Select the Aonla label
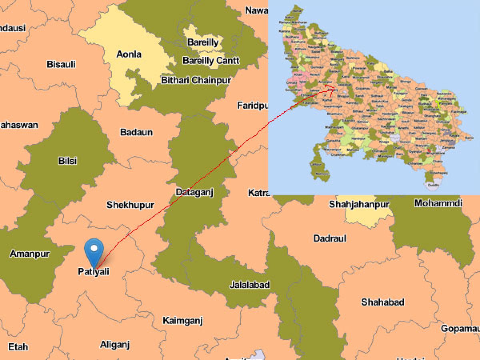pos(129,54)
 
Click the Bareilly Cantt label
pos(211,60)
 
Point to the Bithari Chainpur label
pos(196,80)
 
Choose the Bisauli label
pos(61,64)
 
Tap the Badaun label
pos(136,132)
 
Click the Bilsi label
pos(68,161)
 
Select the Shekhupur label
pos(130,205)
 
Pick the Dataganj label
pos(195,192)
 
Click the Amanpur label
pos(30,254)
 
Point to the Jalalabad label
pos(250,285)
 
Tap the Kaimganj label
pos(183,320)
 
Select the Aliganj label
pos(115,344)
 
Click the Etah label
pos(18,346)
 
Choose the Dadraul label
pos(330,238)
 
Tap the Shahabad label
pos(383,302)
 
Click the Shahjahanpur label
pos(359,204)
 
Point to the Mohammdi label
pos(438,203)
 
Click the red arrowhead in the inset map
pos(332,89)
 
